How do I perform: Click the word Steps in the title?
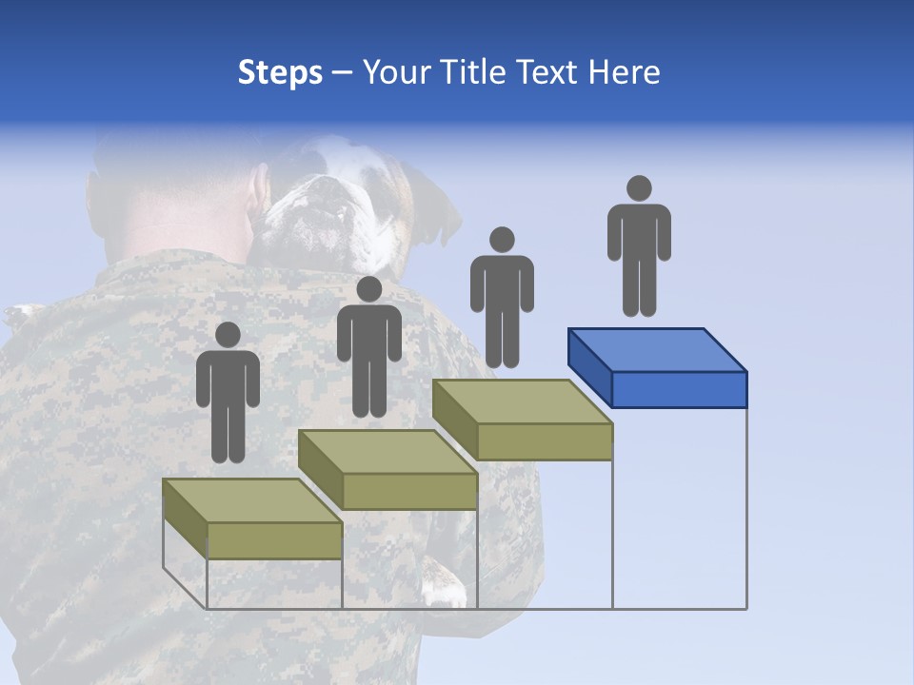click(280, 72)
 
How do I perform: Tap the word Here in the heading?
click(624, 72)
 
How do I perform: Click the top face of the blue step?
click(657, 349)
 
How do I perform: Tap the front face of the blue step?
click(679, 389)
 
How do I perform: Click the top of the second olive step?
click(387, 451)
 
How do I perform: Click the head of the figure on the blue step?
click(639, 188)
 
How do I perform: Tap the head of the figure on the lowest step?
click(228, 335)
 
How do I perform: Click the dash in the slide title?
click(343, 74)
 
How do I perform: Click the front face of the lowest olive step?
click(274, 540)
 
